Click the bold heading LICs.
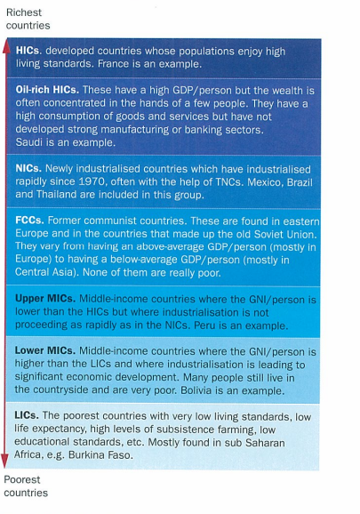[28, 414]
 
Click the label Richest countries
[28, 20]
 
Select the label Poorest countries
[27, 486]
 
